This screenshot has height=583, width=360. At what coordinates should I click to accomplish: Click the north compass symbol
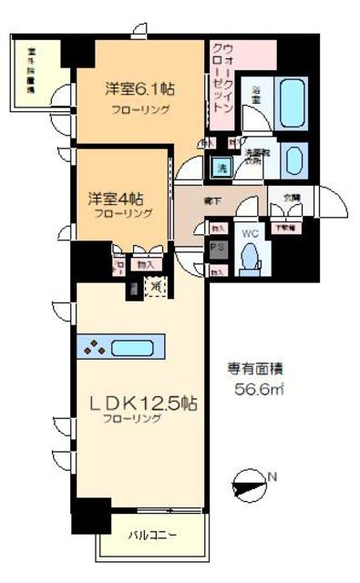[251, 481]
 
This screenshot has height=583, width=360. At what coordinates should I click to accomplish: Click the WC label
[248, 233]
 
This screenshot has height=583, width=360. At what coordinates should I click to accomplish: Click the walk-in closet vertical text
[222, 77]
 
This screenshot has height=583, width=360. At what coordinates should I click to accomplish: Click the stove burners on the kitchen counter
[91, 346]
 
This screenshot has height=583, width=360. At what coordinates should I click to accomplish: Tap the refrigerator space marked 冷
[155, 285]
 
